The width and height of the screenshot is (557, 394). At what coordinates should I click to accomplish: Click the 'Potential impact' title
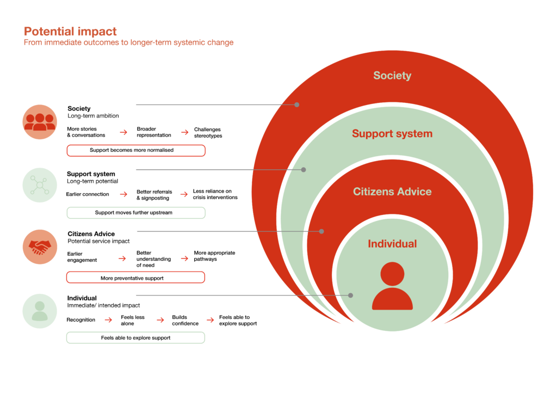click(70, 32)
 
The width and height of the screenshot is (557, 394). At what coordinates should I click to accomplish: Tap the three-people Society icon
click(40, 122)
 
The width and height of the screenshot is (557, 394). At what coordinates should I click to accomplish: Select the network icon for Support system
click(40, 185)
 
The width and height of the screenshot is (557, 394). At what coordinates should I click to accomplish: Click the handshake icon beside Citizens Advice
click(40, 247)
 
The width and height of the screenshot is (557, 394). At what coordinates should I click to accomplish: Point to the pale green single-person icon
click(40, 311)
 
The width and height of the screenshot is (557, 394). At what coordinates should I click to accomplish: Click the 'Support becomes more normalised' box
click(136, 150)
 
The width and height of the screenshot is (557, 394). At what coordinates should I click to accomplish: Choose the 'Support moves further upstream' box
click(136, 213)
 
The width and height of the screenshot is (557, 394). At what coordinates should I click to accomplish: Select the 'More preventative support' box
click(135, 278)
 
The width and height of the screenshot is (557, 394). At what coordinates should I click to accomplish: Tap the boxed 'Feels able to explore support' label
click(135, 338)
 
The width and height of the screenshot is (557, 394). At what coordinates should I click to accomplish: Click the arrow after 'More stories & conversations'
click(123, 132)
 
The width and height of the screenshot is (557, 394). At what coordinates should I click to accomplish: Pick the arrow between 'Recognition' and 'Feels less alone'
click(108, 320)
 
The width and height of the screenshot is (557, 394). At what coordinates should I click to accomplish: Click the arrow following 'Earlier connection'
click(123, 194)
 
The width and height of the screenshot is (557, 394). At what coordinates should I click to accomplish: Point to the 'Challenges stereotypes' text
click(208, 133)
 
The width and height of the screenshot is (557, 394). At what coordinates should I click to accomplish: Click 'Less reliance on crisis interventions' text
click(215, 194)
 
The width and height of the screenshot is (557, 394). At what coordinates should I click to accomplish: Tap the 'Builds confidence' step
click(185, 320)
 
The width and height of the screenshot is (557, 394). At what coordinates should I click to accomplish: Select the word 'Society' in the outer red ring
click(392, 75)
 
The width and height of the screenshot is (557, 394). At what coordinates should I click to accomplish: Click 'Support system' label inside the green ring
click(392, 133)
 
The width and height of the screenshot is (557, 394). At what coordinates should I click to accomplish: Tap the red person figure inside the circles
click(392, 286)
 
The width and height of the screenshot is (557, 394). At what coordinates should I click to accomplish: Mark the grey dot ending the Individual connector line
click(351, 295)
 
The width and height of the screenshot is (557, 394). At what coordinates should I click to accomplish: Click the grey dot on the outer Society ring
click(296, 105)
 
